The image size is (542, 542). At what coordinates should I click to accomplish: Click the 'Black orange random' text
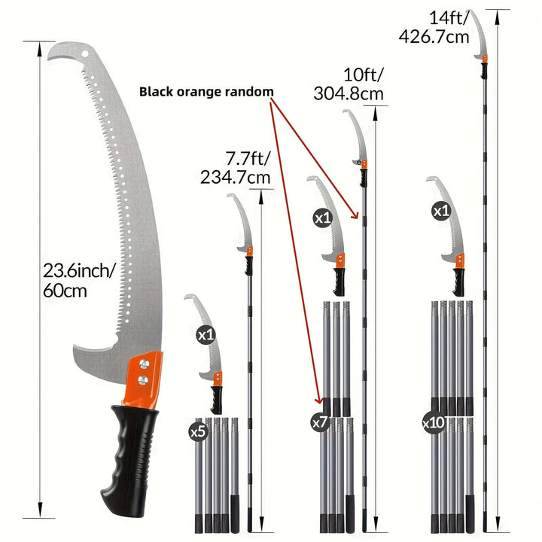[x=206, y=92]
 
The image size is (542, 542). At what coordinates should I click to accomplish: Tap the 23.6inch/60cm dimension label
[x=78, y=280]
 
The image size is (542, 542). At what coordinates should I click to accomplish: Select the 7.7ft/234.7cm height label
[x=236, y=168]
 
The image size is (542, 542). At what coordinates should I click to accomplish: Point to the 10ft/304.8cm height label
[x=349, y=84]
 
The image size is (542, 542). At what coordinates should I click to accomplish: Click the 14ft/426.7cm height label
[x=434, y=27]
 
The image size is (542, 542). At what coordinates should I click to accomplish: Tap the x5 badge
[x=199, y=431]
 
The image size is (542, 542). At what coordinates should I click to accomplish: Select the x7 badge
[x=320, y=422]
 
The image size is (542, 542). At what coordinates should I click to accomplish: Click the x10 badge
[x=434, y=422]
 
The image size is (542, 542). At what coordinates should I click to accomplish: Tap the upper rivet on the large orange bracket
[x=144, y=364]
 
